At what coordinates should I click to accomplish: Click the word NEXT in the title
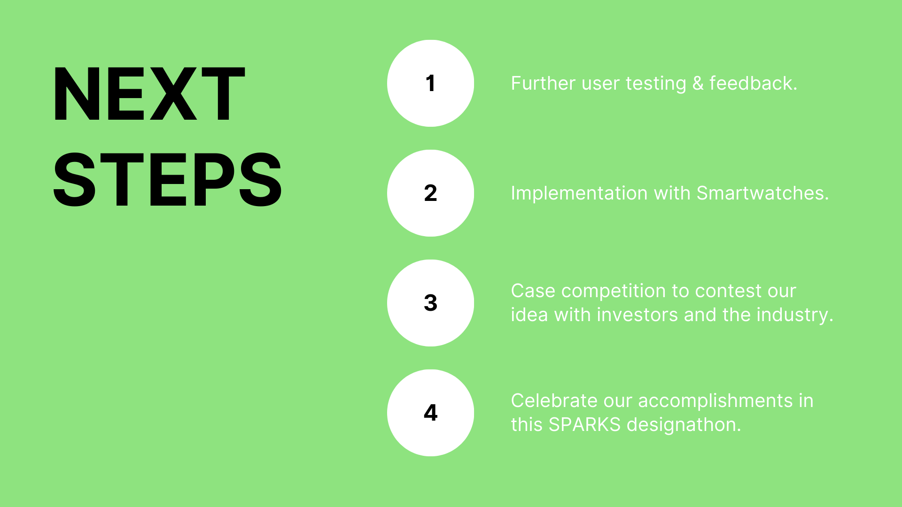[149, 94]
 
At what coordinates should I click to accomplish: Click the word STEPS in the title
[167, 180]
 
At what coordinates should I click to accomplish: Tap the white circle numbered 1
[430, 83]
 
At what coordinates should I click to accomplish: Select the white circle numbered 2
[430, 193]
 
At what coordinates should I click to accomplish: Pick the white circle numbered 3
[430, 303]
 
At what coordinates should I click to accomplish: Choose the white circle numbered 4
[430, 413]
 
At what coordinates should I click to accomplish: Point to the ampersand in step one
[698, 84]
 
